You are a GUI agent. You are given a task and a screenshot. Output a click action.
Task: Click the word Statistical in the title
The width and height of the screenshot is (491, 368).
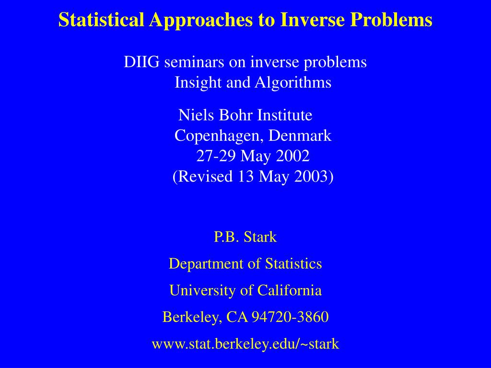101,19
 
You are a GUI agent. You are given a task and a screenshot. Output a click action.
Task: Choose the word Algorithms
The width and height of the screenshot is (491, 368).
293,83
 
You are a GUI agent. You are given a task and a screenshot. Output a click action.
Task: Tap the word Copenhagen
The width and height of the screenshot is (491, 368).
219,136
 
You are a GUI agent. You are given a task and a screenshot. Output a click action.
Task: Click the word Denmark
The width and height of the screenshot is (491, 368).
300,136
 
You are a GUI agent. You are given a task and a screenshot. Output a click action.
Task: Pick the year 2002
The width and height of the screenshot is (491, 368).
293,156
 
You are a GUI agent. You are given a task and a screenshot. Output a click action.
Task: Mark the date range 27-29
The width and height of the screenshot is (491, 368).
216,156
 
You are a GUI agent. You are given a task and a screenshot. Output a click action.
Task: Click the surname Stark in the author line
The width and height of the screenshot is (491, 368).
260,237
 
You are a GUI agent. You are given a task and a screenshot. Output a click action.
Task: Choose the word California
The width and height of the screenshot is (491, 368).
289,290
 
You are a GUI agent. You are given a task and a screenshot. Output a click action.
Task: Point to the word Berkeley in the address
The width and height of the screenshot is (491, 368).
190,317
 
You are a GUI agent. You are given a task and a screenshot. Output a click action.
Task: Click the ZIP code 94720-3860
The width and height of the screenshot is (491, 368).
290,317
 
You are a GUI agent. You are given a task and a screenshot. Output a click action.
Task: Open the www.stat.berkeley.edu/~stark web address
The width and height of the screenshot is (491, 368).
245,344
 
